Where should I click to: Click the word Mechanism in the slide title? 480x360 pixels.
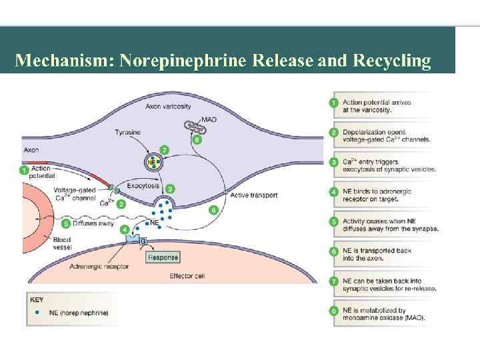[x=63, y=61]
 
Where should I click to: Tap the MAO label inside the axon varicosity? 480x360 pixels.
[x=209, y=119]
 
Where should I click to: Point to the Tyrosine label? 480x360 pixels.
[x=127, y=132]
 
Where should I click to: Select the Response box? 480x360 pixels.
[x=162, y=257]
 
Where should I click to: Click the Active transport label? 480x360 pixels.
[x=253, y=195]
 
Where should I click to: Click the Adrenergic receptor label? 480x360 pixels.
[x=99, y=266]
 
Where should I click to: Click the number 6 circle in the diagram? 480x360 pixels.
[x=213, y=210]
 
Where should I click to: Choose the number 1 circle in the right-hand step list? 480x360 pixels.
[x=334, y=103]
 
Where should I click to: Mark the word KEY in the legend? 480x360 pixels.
[x=37, y=299]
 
